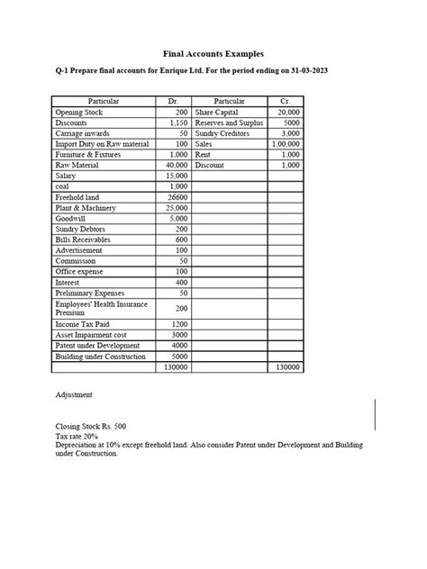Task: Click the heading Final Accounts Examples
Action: coord(213,53)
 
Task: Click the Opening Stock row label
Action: coord(79,113)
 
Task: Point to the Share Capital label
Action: coord(216,113)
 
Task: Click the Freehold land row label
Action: coord(77,197)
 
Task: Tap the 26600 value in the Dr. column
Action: coord(177,197)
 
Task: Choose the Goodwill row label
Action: coord(71,219)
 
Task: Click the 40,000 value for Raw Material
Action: coord(175,166)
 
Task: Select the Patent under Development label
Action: coord(97,346)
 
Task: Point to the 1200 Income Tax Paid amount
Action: coord(178,324)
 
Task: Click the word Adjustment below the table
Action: coord(74,394)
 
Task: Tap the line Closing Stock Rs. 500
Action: coord(90,427)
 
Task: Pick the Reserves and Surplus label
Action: coord(228,122)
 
